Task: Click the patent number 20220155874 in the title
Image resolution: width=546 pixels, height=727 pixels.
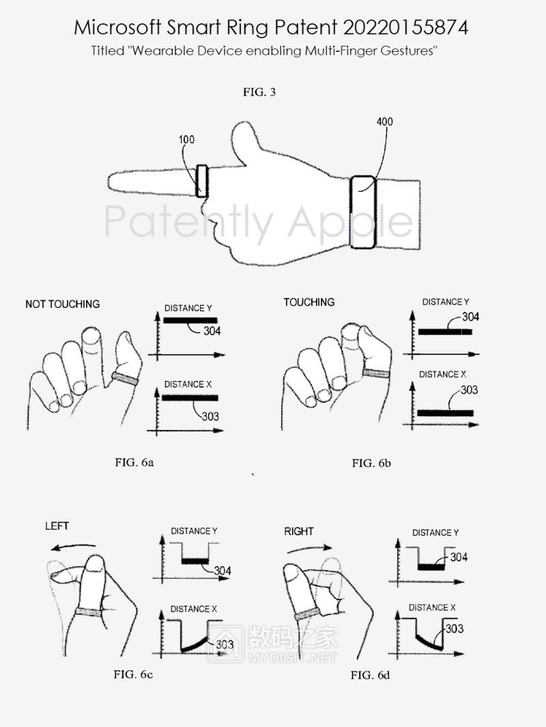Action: pyautogui.click(x=405, y=28)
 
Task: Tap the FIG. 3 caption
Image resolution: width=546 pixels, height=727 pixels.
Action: pyautogui.click(x=259, y=91)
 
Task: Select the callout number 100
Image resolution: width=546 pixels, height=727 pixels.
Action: pyautogui.click(x=186, y=139)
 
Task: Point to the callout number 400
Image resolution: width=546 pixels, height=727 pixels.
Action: pyautogui.click(x=385, y=122)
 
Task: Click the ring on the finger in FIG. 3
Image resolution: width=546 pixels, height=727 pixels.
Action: pyautogui.click(x=201, y=181)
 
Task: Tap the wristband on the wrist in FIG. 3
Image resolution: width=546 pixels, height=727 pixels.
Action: pyautogui.click(x=362, y=212)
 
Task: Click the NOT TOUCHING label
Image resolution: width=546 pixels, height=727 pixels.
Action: pyautogui.click(x=63, y=304)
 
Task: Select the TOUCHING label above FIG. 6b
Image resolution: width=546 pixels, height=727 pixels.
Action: pyautogui.click(x=309, y=302)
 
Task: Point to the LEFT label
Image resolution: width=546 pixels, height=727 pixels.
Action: pyautogui.click(x=57, y=526)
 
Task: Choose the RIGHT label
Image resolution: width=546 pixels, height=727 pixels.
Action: pyautogui.click(x=299, y=531)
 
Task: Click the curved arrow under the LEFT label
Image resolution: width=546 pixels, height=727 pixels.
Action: pyautogui.click(x=73, y=547)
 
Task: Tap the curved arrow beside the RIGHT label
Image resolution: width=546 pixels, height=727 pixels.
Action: pyautogui.click(x=309, y=549)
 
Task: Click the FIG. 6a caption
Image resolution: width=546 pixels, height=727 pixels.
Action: pyautogui.click(x=134, y=462)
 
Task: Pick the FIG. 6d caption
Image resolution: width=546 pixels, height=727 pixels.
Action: pyautogui.click(x=370, y=675)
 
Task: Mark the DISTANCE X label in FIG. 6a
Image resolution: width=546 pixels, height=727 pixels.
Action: pyautogui.click(x=188, y=384)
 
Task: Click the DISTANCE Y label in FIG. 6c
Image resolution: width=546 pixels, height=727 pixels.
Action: pyautogui.click(x=195, y=531)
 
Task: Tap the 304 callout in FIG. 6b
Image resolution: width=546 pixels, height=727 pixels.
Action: pyautogui.click(x=470, y=317)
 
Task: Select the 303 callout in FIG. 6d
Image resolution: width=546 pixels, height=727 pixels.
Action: pyautogui.click(x=455, y=629)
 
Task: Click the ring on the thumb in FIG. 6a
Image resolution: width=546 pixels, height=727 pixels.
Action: pyautogui.click(x=125, y=379)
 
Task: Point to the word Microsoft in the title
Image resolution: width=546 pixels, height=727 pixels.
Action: pyautogui.click(x=117, y=28)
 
